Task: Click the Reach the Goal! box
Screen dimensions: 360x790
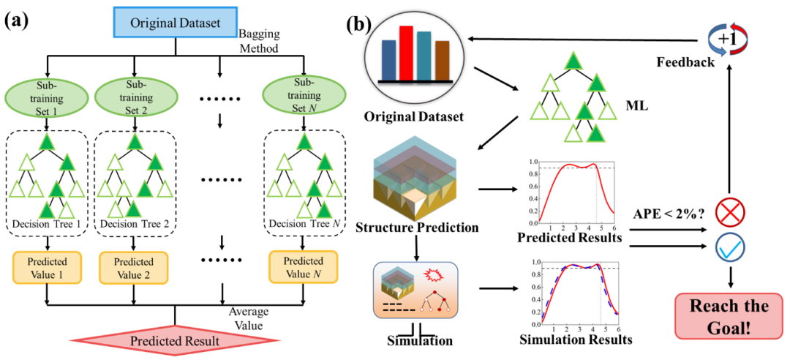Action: coord(730,315)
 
